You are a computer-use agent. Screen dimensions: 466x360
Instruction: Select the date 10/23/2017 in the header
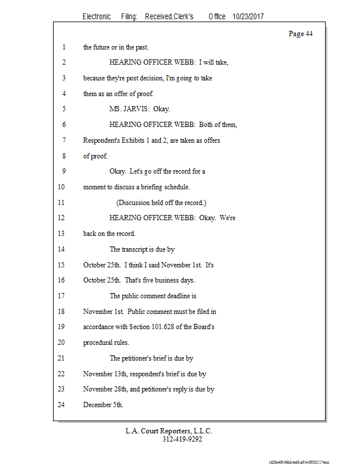click(248, 17)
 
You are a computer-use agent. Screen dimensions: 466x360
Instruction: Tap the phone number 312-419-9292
click(182, 439)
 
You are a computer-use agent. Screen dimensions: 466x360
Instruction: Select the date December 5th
click(103, 405)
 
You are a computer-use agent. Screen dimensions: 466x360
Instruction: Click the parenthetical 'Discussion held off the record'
click(161, 203)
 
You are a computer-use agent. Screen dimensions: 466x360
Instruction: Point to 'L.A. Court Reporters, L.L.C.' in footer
click(169, 431)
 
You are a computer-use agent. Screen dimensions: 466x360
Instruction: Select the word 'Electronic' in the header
click(97, 17)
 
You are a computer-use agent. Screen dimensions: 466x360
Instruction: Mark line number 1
click(63, 47)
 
